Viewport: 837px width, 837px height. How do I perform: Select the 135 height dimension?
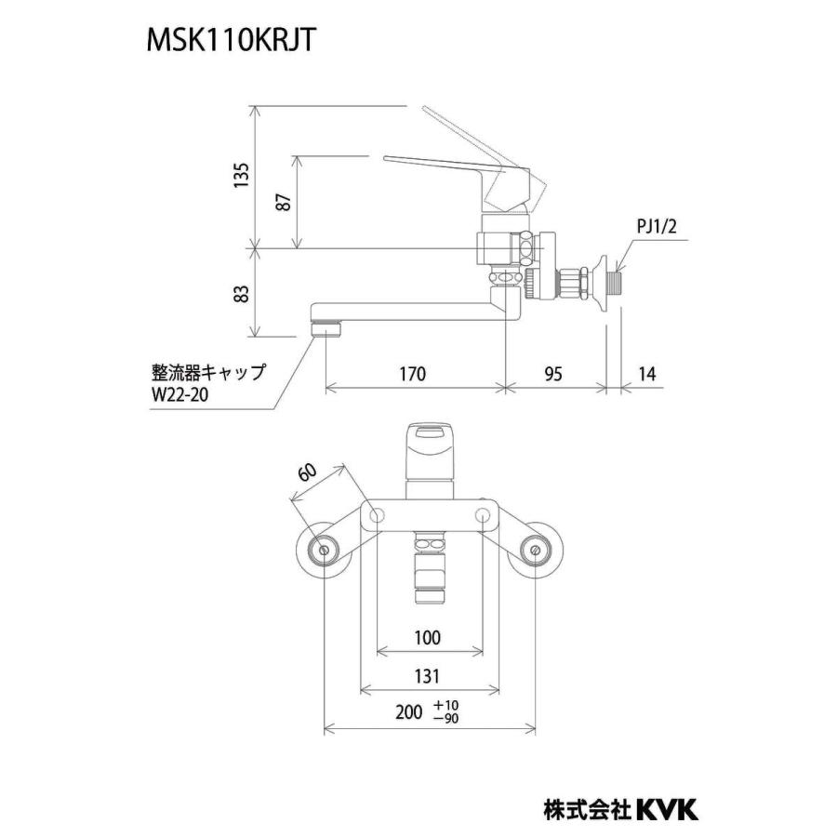click(241, 177)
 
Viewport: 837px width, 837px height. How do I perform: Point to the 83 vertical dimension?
click(241, 293)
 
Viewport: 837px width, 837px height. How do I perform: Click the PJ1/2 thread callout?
click(656, 224)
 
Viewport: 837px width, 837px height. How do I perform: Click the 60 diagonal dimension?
click(307, 474)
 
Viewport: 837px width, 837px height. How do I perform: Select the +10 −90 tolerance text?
click(446, 712)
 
